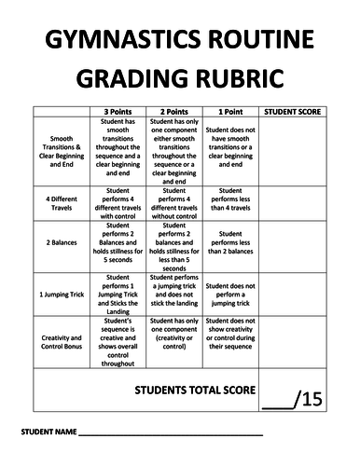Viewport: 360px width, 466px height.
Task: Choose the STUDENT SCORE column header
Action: point(293,111)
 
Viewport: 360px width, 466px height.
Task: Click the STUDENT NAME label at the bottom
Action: point(46,435)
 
